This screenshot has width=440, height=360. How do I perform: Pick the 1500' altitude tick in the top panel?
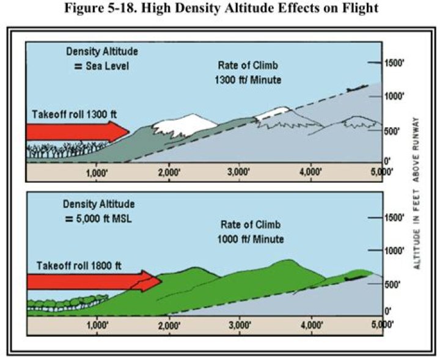392,63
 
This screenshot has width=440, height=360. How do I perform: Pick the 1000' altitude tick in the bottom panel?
392,251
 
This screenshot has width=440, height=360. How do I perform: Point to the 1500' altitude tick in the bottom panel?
392,218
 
